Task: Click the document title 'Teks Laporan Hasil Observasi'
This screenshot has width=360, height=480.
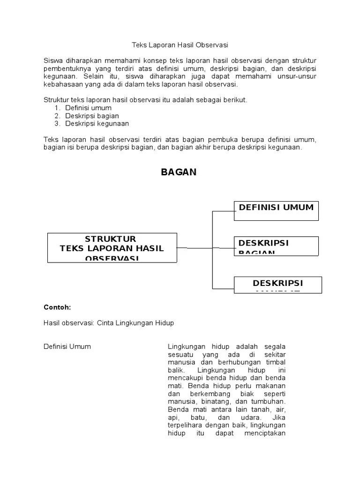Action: tap(180, 45)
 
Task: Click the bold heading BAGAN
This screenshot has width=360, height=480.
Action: tap(179, 172)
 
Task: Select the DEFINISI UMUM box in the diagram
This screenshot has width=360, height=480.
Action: tap(276, 210)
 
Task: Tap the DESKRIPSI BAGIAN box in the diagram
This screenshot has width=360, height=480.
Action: tap(276, 246)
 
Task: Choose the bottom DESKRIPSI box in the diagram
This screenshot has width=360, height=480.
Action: tap(278, 285)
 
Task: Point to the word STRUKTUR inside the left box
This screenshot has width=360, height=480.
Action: tap(110, 240)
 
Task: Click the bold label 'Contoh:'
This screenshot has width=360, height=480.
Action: tap(57, 307)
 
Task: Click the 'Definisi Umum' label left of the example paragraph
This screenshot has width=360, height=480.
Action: tap(67, 346)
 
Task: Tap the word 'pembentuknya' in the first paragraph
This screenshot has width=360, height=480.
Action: tap(65, 69)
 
